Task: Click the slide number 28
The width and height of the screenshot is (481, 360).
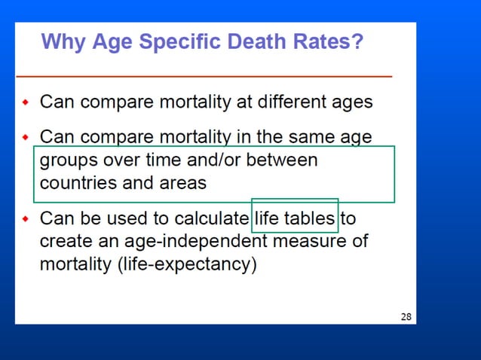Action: click(406, 316)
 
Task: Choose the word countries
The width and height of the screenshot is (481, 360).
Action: click(74, 182)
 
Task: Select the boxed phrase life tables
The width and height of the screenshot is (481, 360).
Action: click(294, 219)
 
